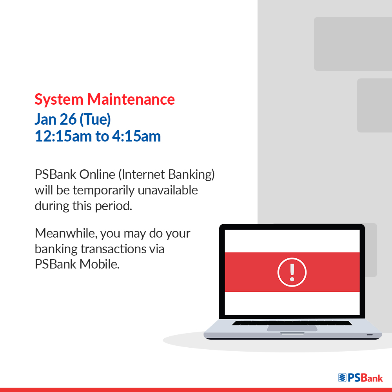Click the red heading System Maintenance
(105, 100)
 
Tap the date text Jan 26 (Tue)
(73, 119)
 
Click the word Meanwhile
(65, 233)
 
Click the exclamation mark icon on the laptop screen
(292, 272)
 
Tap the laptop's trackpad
(292, 328)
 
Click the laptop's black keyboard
(292, 323)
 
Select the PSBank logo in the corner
(360, 377)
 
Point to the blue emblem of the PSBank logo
(343, 377)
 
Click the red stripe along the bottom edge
(196, 390)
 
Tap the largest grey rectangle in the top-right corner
(353, 44)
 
